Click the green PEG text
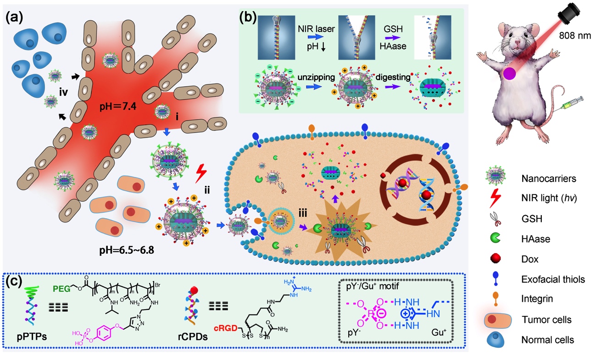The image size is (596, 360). (62, 288)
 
